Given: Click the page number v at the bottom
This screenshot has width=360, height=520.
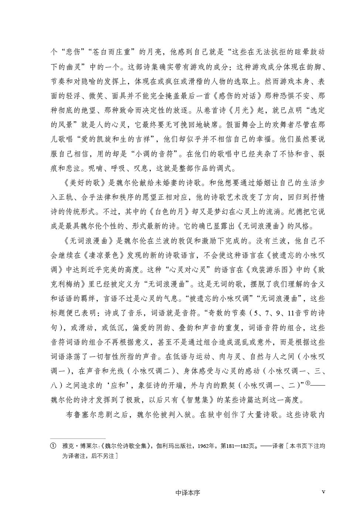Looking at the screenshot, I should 323,492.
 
